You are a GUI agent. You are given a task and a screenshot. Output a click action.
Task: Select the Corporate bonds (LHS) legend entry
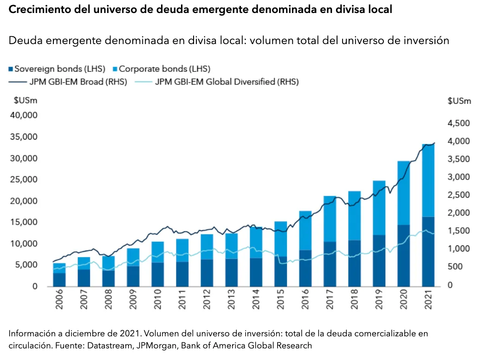coord(161,69)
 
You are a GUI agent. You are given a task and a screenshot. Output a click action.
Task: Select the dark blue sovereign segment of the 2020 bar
coord(404,255)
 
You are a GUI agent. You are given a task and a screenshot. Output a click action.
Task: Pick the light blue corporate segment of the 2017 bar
coord(330,219)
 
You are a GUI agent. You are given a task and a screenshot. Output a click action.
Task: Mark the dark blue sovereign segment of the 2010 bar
coord(157,274)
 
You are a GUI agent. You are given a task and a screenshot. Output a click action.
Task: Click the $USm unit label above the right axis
coord(459,101)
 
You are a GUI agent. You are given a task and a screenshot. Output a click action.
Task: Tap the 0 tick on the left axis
coord(35,287)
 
